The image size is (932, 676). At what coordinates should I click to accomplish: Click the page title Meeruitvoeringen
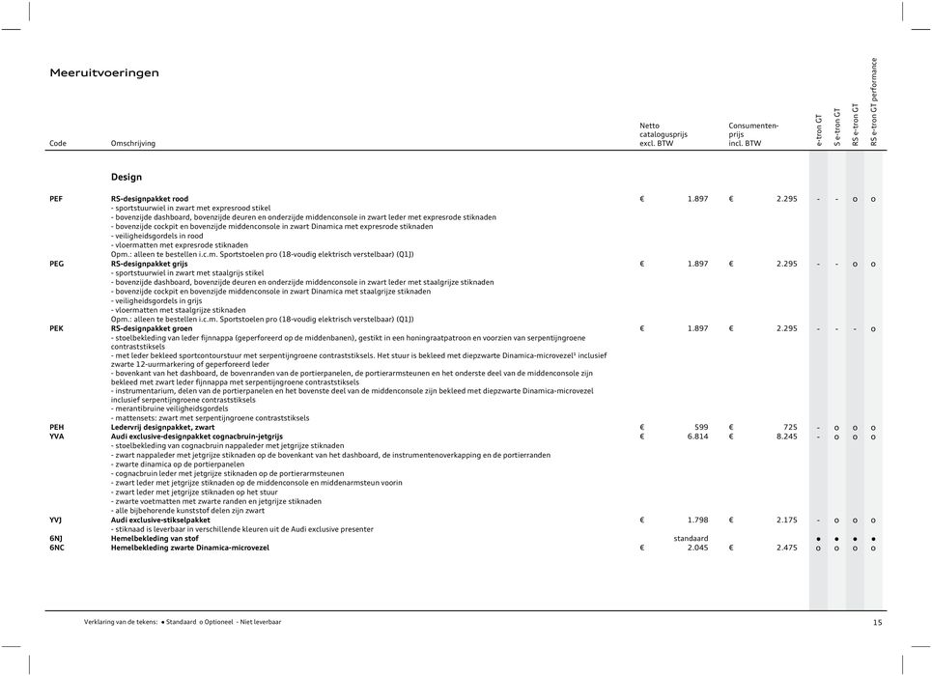pos(104,72)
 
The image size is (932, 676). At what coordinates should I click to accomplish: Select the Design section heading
pos(127,177)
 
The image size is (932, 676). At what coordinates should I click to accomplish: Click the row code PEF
pos(57,198)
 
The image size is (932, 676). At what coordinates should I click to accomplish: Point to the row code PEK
pos(57,328)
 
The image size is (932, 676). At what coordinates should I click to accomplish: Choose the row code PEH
pos(57,426)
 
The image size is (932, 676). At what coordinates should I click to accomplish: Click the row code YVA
pos(57,437)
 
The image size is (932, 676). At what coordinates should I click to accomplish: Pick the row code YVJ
pos(57,520)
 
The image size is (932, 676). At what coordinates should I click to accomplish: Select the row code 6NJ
pos(57,538)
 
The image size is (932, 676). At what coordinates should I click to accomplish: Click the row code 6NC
pos(57,548)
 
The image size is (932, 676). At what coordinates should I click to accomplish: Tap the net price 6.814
pos(697,437)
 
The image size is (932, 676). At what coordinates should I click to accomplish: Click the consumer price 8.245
pos(786,437)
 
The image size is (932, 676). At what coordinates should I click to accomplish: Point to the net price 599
pos(703,426)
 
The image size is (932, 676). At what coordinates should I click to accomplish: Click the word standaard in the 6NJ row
pos(691,538)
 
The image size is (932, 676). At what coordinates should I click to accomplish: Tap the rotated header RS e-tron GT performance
pos(874,102)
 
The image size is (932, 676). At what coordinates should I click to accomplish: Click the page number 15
pos(877,623)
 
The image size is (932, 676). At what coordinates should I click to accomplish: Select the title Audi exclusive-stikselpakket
pos(161,520)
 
